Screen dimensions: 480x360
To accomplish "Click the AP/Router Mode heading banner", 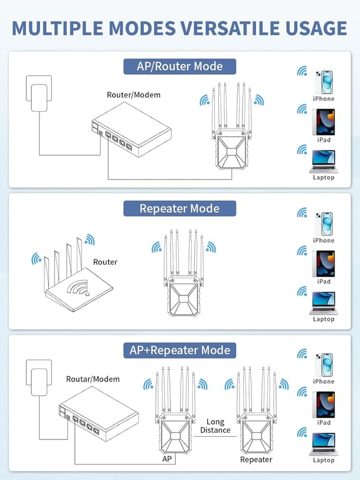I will coord(179,66).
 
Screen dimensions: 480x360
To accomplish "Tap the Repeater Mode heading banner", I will coord(179,209).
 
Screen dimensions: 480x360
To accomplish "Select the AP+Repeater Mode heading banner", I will coord(179,350).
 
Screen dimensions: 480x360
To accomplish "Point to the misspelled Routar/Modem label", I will coord(93,379).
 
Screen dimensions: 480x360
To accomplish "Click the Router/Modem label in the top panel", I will coord(133,95).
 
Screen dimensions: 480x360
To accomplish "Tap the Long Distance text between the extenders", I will coord(215,426).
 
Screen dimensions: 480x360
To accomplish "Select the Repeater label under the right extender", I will coord(256,459).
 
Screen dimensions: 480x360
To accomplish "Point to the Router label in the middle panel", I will coord(105,262).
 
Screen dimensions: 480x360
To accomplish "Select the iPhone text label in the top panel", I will coord(323,98).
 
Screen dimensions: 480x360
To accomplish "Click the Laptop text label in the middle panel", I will coord(323,319).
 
